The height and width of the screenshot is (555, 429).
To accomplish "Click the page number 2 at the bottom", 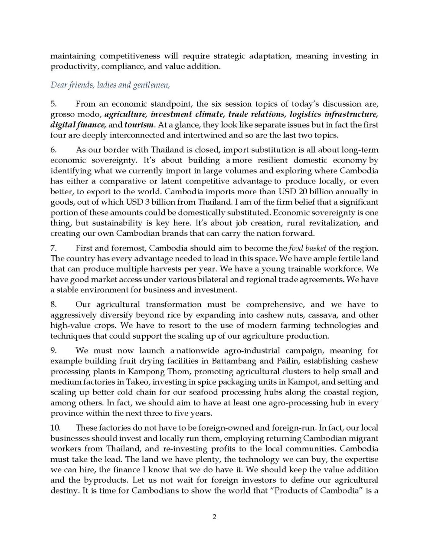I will tap(214, 516).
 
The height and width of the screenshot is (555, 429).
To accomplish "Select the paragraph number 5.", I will tap(53, 104).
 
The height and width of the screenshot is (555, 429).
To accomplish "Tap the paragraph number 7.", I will tap(53, 248).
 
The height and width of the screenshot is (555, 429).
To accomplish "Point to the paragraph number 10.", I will tap(55, 428).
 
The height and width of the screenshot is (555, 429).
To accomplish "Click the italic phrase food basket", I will tap(308, 248).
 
